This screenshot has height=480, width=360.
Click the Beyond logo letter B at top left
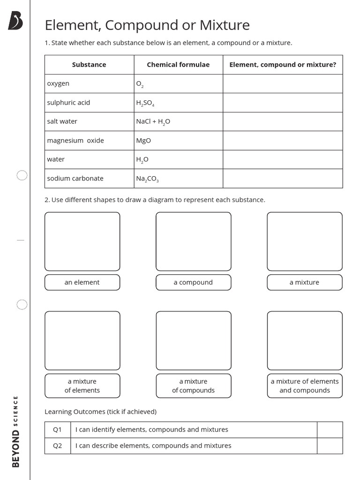point(15,21)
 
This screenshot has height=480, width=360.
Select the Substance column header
point(89,65)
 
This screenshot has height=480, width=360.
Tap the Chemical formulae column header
point(178,65)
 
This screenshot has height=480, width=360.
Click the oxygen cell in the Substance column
point(58,83)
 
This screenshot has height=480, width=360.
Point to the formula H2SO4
point(145,103)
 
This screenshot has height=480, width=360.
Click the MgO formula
point(143,141)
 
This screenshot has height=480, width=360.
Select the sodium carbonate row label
point(75,179)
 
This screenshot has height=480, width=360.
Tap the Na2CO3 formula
point(147,179)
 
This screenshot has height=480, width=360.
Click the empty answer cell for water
point(282,159)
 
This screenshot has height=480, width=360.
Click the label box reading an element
point(82,282)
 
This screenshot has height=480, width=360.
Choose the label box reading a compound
point(193,282)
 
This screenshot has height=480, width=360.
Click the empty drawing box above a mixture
point(305,241)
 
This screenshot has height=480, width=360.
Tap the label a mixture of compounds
point(193,386)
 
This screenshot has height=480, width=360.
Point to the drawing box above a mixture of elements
point(82,340)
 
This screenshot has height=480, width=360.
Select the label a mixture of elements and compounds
point(305,386)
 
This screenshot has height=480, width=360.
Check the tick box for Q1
point(330,430)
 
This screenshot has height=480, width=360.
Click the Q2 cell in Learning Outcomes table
point(57,446)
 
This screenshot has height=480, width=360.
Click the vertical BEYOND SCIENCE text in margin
point(15,431)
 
